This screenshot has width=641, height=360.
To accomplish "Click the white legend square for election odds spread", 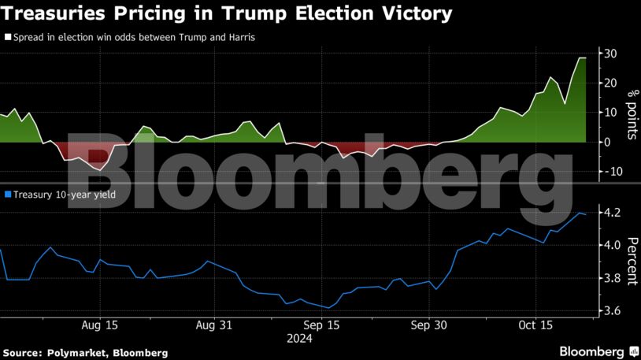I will [x=7, y=37].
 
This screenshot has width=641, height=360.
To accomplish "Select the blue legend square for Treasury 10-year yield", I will [x=7, y=194].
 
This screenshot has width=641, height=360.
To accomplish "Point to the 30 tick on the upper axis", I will [x=610, y=54].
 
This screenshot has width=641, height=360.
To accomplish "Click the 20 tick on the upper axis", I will [x=610, y=83].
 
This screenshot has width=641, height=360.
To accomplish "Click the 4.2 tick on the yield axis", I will [x=610, y=213].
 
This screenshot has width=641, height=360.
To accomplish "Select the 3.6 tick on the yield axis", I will [x=610, y=312].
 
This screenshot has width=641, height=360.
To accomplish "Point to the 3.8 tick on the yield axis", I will [x=610, y=279].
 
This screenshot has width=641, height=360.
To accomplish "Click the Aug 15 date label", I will [x=100, y=325].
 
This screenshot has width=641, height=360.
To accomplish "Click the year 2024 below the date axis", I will [x=300, y=340].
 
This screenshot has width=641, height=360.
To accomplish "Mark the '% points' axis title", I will [x=631, y=115].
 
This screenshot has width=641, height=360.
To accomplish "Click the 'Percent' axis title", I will [x=631, y=262].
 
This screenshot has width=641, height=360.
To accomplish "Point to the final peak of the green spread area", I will [x=582, y=58].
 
